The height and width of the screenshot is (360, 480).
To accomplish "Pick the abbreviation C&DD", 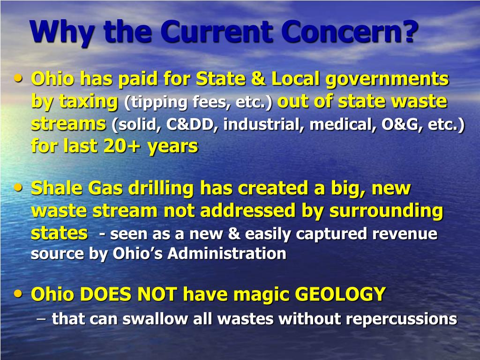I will click(192, 125).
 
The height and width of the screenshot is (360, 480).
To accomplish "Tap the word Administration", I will click(227, 254).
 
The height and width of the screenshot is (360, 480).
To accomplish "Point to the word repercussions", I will click(401, 319).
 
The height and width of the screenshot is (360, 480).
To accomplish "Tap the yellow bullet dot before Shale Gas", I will click(18, 187).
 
